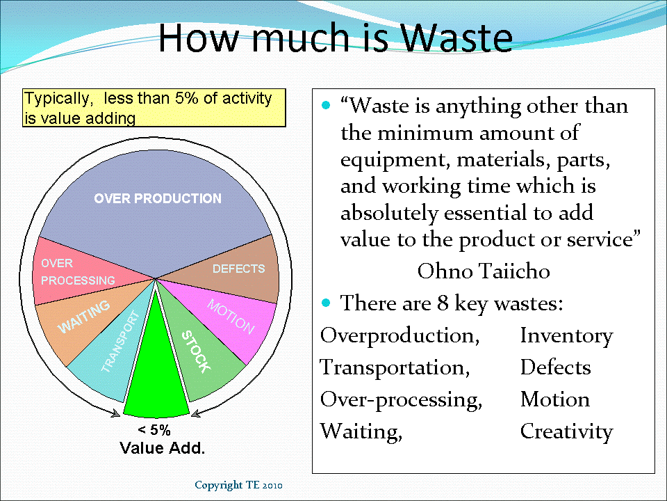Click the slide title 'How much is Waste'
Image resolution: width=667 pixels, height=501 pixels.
(335, 38)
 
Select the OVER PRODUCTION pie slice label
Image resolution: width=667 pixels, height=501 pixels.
(158, 199)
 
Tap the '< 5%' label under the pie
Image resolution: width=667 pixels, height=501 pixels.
(154, 430)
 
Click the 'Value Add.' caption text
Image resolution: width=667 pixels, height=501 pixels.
(163, 448)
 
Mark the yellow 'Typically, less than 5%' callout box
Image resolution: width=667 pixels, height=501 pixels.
(154, 108)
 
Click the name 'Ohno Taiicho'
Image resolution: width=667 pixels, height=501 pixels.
(483, 271)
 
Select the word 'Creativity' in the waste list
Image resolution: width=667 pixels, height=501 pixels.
(566, 432)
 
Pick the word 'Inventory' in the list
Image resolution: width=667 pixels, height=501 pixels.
(566, 336)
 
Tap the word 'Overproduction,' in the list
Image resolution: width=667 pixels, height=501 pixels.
(400, 336)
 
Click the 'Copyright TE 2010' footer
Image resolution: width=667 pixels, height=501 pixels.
(238, 484)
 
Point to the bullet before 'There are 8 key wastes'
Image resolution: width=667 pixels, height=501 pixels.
(327, 303)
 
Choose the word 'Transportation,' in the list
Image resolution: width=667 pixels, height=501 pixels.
(395, 368)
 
